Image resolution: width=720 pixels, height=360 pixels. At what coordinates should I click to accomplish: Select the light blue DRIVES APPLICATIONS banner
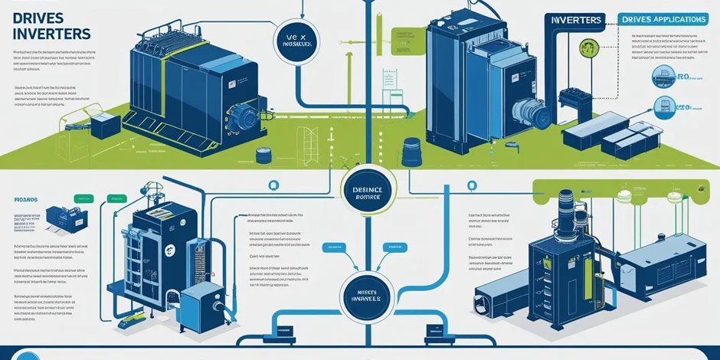click(663, 18)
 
